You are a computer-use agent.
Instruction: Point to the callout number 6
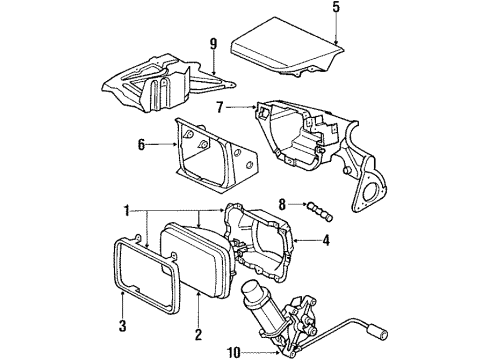coord(142,146)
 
